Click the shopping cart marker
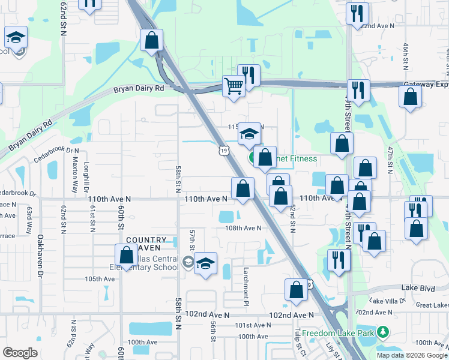point(234,85)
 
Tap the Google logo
point(20,353)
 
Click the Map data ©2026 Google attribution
point(411,355)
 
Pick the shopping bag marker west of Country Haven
point(127,254)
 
